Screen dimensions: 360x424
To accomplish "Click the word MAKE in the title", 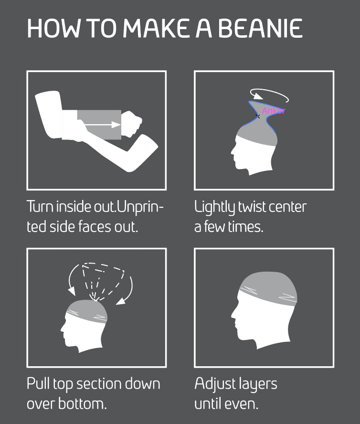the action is (x=156, y=28).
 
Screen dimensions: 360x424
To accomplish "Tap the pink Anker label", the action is (x=273, y=111).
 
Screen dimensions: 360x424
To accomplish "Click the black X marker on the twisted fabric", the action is (x=258, y=117).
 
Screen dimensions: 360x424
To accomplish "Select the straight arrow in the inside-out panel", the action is (x=102, y=125).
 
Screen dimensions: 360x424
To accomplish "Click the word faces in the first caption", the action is (x=95, y=227).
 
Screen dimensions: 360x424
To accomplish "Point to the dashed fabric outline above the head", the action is (x=103, y=281).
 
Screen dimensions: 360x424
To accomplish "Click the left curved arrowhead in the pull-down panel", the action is (x=72, y=291).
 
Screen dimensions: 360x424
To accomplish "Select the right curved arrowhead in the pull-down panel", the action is (x=121, y=301).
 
